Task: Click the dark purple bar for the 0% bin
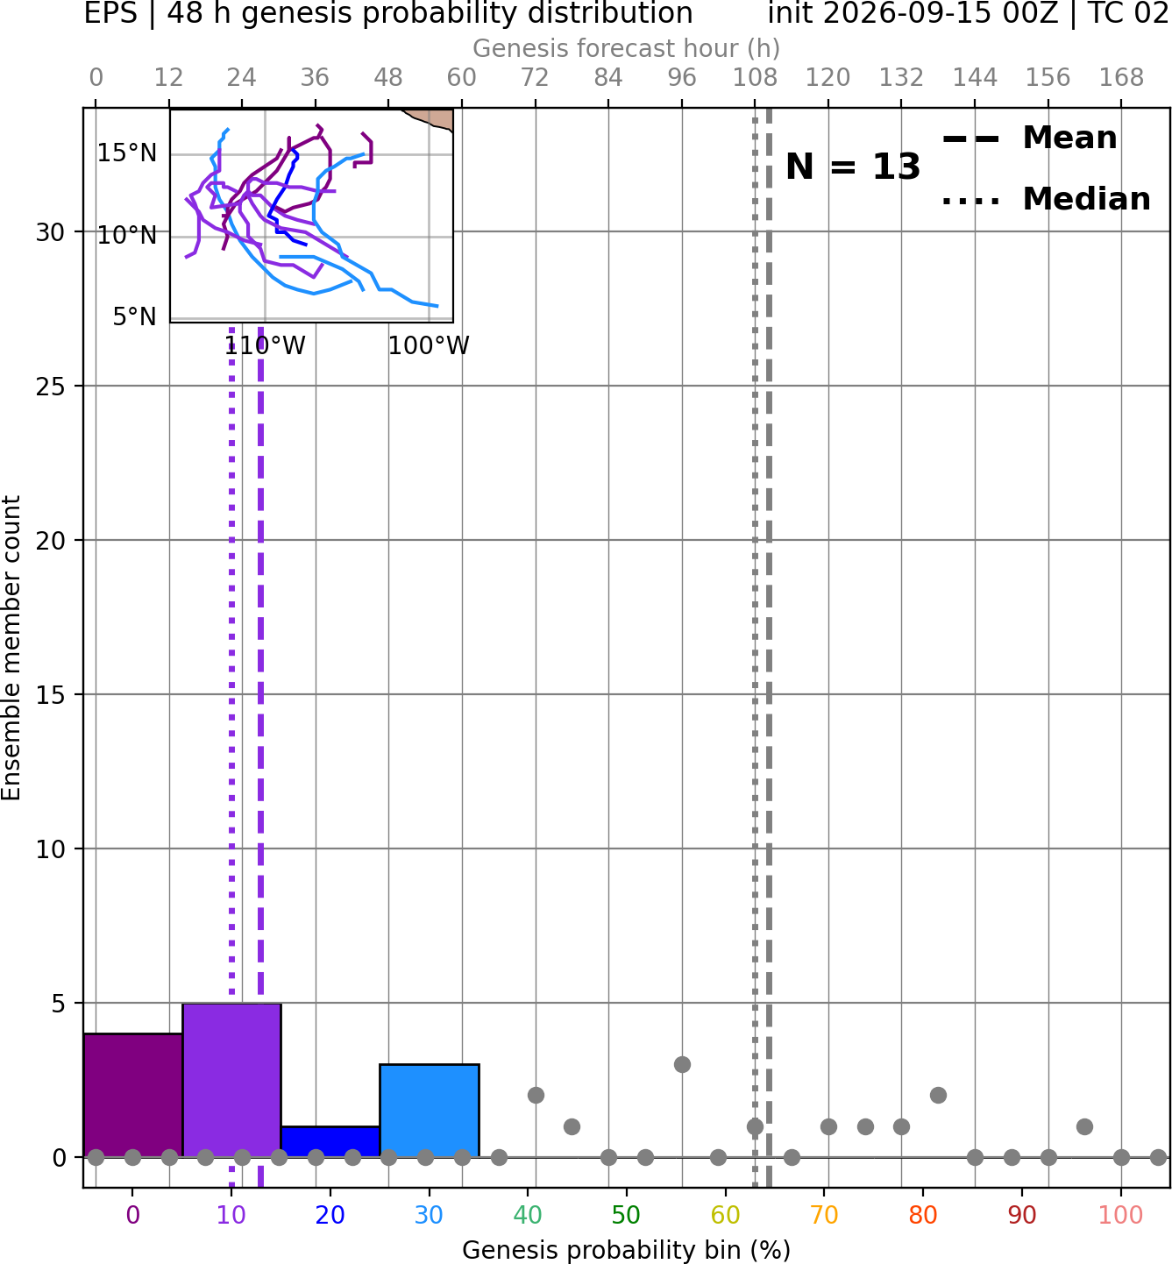[133, 1096]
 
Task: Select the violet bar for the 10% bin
[231, 1080]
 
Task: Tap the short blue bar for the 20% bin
[330, 1142]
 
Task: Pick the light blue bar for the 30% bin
[429, 1111]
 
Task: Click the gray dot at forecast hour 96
[682, 1064]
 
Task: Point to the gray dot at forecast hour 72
[536, 1096]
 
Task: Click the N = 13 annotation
[852, 167]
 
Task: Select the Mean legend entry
[1029, 138]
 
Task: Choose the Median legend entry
[1046, 199]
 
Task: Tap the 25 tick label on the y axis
[51, 386]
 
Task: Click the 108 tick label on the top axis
[755, 78]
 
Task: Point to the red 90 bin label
[1022, 1215]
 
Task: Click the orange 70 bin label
[824, 1215]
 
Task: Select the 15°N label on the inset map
[127, 153]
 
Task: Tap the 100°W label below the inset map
[429, 346]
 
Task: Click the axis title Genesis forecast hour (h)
[627, 48]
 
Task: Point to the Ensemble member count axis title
[11, 648]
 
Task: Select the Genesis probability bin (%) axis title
[627, 1250]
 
